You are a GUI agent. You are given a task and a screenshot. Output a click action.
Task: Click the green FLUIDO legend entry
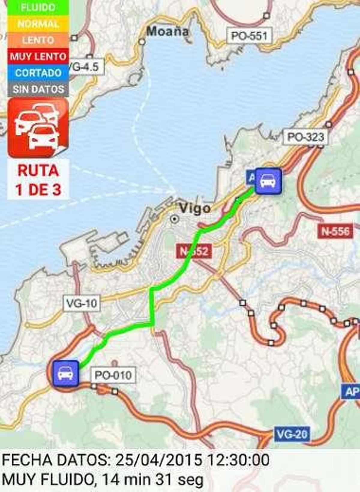pyautogui.click(x=38, y=7)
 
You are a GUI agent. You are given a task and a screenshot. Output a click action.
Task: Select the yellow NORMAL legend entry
pyautogui.click(x=38, y=24)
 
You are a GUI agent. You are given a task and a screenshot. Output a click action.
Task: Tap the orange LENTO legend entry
pyautogui.click(x=38, y=40)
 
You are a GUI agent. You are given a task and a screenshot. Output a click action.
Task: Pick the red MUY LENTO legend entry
pyautogui.click(x=38, y=56)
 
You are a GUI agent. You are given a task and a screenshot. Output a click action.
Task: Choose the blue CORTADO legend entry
pyautogui.click(x=38, y=73)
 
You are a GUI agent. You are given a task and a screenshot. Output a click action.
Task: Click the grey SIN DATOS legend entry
pyautogui.click(x=38, y=89)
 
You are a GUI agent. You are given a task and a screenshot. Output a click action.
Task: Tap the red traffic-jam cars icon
pyautogui.click(x=38, y=128)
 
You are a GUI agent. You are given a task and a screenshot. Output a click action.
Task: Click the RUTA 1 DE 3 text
pyautogui.click(x=38, y=180)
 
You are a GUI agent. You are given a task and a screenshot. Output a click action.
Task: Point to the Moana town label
pyautogui.click(x=168, y=31)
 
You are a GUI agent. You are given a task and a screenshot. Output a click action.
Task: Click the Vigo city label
pyautogui.click(x=195, y=209)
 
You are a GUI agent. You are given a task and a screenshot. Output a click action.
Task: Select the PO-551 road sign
pyautogui.click(x=249, y=36)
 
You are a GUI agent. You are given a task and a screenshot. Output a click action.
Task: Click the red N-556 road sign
pyautogui.click(x=335, y=231)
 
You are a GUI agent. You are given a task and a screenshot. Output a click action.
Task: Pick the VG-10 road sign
pyautogui.click(x=82, y=303)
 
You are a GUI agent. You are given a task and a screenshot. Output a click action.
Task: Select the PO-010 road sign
pyautogui.click(x=113, y=375)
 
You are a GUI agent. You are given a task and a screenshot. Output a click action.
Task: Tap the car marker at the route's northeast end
pyautogui.click(x=268, y=181)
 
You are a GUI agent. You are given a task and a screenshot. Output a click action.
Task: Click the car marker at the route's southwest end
pyautogui.click(x=66, y=373)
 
